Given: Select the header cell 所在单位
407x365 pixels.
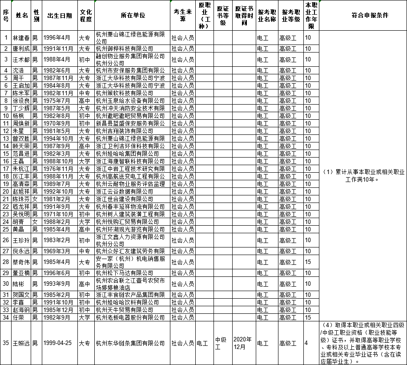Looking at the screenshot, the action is [133, 16].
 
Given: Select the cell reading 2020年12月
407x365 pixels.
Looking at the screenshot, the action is [243, 343].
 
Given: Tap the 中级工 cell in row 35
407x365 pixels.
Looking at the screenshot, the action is [222, 343].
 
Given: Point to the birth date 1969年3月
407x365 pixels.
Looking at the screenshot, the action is [59, 251].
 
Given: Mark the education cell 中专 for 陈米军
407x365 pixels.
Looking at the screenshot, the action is [85, 93].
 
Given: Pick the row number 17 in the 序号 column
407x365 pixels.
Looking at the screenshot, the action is [6, 169].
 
